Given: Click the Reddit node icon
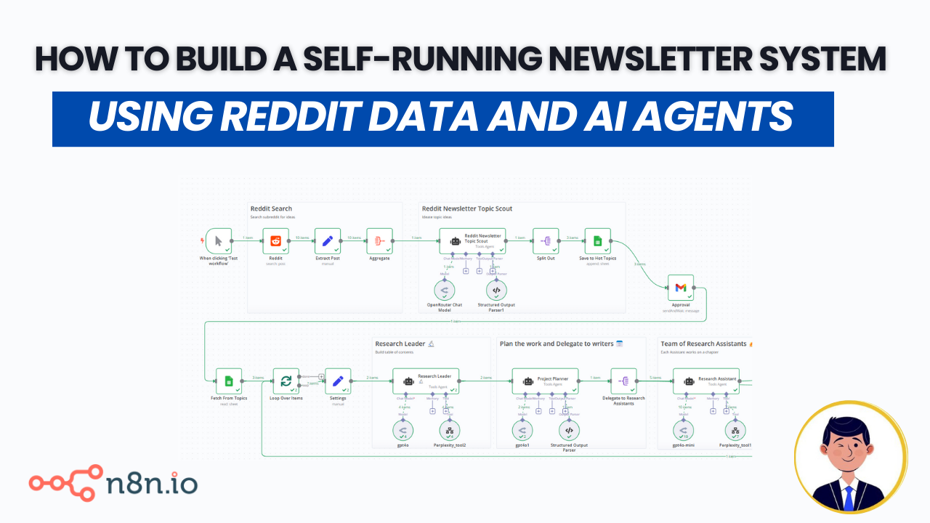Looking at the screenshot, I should [276, 241].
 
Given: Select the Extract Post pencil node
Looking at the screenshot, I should [328, 241].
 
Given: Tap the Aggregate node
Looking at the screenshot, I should [379, 241].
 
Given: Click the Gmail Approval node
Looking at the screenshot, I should [681, 288].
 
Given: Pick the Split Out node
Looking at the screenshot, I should [546, 241].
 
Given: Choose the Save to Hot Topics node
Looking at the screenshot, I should [597, 241].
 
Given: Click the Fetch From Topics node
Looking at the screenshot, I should [229, 381].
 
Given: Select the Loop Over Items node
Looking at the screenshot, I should [286, 381].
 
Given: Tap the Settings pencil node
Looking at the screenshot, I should [337, 381].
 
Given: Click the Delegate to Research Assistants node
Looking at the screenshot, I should [624, 381].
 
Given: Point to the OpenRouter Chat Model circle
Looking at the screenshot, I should [445, 290].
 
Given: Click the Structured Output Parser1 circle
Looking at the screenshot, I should [496, 290].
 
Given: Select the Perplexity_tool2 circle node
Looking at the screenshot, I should [450, 431].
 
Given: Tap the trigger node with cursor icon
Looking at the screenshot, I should [218, 241].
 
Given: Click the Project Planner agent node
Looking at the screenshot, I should [545, 381].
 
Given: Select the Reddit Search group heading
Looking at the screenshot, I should [271, 208].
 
